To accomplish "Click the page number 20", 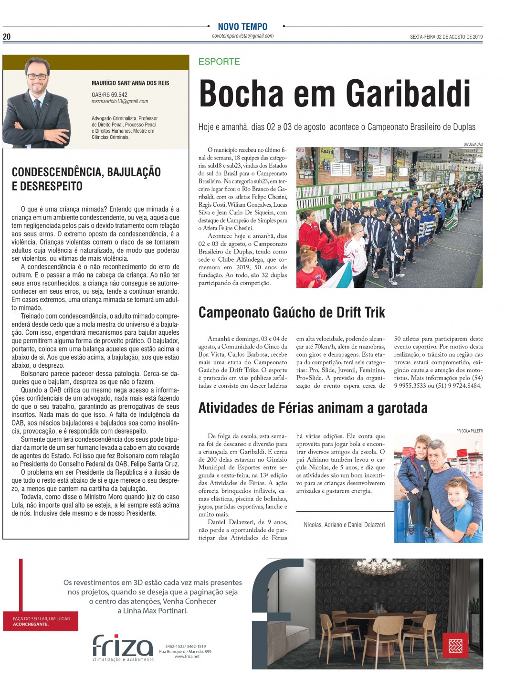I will (7, 37).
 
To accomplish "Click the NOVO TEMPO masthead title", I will (242, 27).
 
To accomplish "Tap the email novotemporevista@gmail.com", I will (242, 36).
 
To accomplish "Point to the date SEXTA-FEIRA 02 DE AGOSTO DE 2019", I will (446, 37).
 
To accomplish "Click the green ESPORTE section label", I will (219, 62).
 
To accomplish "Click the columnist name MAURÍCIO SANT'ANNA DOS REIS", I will (130, 83).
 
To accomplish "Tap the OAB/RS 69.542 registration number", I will (109, 95).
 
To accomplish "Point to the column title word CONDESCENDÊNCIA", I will (53, 172).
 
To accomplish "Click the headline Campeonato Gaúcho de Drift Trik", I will (292, 313).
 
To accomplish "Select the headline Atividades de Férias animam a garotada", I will (313, 408).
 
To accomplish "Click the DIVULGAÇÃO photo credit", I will (473, 144).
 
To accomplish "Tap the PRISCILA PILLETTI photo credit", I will (469, 431).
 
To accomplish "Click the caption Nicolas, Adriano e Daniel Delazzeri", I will (344, 525).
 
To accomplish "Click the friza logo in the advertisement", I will (123, 646).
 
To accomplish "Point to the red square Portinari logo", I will (455, 646).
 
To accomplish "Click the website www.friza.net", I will (187, 657).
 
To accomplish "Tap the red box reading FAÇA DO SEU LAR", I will (41, 621).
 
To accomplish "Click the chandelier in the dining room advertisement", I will (372, 568).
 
